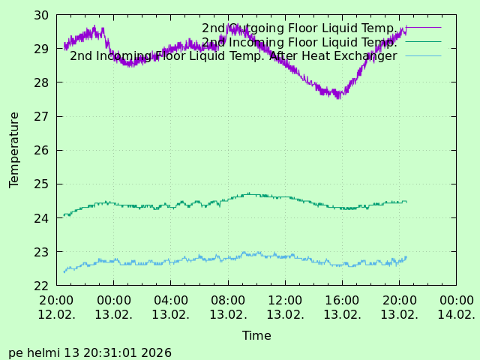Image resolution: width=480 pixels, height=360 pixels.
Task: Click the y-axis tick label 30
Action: pyautogui.click(x=42, y=15)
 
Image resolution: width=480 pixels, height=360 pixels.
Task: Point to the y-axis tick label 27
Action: pyautogui.click(x=42, y=116)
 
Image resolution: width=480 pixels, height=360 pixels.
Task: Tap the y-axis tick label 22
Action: pyautogui.click(x=42, y=286)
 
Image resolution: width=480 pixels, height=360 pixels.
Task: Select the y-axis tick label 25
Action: pyautogui.click(x=42, y=184)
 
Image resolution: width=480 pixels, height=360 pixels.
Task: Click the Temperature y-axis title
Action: pyautogui.click(x=14, y=150)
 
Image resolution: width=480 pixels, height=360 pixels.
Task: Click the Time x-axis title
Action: pyautogui.click(x=256, y=336)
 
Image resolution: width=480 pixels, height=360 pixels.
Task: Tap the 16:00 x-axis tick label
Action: pyautogui.click(x=342, y=300)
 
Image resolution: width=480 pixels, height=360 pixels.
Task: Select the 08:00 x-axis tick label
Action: pyautogui.click(x=228, y=300)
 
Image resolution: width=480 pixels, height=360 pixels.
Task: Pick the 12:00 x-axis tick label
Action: pyautogui.click(x=285, y=300)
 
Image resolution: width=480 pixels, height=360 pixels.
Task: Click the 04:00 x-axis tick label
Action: pyautogui.click(x=171, y=300)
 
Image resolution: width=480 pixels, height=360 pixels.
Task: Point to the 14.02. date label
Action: pyautogui.click(x=456, y=314)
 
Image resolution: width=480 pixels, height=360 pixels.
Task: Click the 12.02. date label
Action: pyautogui.click(x=57, y=314)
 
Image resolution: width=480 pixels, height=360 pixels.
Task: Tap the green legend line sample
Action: pyautogui.click(x=423, y=42)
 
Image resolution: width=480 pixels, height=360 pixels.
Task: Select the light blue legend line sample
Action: pyautogui.click(x=423, y=55)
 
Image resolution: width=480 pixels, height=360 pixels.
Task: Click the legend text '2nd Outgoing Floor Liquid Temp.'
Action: pyautogui.click(x=299, y=28)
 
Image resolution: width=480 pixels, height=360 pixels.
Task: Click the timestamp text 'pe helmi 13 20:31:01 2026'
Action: pyautogui.click(x=90, y=352)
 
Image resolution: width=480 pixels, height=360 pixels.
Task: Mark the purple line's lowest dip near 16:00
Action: pyautogui.click(x=339, y=97)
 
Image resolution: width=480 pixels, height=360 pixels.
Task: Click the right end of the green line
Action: pyautogui.click(x=406, y=201)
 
